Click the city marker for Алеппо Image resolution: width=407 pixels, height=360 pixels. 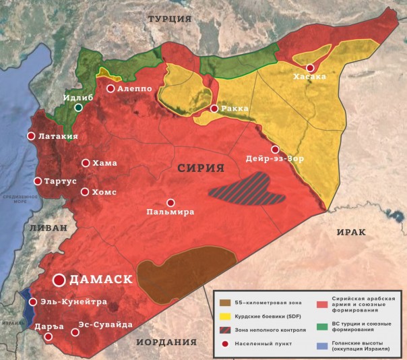(x=110, y=88)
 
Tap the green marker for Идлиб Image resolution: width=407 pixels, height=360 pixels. (x=79, y=107)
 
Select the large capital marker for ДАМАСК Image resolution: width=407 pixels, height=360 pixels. (x=59, y=279)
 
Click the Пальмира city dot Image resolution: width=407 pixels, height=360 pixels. (x=170, y=202)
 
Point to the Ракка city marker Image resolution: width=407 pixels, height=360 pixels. (x=214, y=109)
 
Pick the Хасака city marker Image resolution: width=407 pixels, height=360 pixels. (x=310, y=68)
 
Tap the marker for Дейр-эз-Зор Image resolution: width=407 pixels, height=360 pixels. (x=275, y=150)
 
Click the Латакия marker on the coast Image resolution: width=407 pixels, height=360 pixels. (x=31, y=136)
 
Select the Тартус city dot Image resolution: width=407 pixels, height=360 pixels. (x=38, y=181)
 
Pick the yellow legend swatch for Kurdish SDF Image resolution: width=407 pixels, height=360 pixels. (x=224, y=318)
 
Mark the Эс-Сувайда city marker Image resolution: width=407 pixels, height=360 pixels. (x=73, y=332)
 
